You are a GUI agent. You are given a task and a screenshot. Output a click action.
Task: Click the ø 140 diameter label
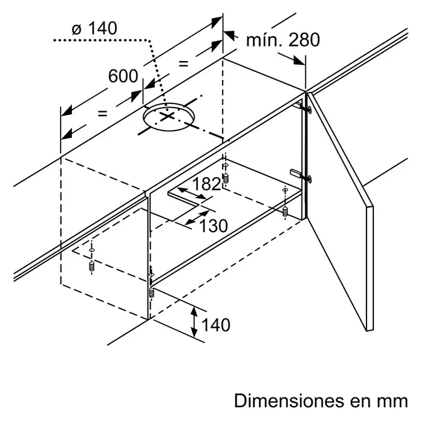point(94,28)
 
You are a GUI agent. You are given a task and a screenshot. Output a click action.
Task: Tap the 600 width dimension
point(123,76)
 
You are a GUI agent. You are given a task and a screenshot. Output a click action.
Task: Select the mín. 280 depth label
point(283,40)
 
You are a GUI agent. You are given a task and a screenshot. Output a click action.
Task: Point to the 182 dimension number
point(206,184)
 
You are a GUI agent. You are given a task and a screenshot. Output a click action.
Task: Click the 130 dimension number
point(214,226)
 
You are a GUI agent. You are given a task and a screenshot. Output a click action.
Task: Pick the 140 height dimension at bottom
point(216,325)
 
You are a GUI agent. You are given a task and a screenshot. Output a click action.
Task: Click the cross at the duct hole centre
point(167,116)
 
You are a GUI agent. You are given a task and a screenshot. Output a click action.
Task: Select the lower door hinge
point(301,175)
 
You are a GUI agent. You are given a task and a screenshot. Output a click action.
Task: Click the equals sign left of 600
point(103,114)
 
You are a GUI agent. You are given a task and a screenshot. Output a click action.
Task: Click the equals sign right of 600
point(184,64)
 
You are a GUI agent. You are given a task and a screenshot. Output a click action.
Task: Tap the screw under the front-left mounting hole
point(92,266)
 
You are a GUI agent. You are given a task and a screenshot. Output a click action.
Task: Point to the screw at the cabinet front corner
point(151,293)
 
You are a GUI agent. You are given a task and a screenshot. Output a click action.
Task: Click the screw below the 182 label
point(226,178)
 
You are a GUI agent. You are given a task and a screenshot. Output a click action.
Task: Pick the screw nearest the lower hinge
point(285,211)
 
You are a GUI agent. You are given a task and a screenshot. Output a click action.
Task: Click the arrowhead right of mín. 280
point(299,60)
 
